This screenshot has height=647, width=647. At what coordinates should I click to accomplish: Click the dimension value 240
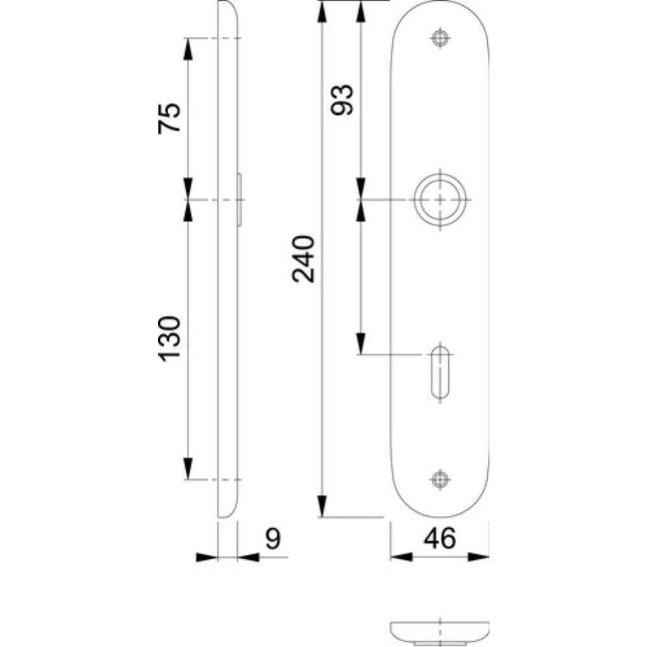[303, 259]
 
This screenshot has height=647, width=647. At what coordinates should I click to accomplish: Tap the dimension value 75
[168, 118]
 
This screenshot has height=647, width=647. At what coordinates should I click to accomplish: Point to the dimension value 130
[168, 338]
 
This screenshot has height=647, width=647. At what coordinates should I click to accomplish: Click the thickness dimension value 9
[273, 539]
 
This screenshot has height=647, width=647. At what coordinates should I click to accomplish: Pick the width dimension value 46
[440, 539]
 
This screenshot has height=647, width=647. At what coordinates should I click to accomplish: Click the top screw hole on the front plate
[440, 38]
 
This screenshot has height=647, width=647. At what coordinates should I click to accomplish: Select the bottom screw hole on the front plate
[440, 479]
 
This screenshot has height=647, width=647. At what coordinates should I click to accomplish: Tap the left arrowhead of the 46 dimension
[401, 557]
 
